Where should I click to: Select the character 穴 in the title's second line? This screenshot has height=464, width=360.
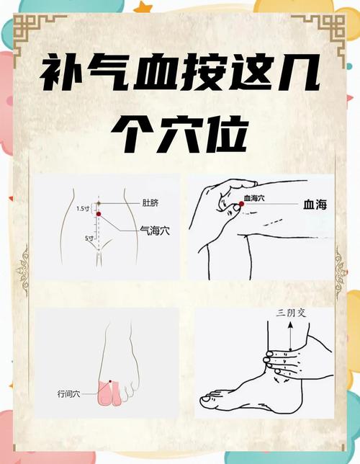click(180, 132)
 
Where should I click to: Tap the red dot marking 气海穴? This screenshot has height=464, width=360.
click(99, 214)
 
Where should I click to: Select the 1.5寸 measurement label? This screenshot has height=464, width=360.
click(84, 209)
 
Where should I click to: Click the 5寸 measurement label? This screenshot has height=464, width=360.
click(88, 238)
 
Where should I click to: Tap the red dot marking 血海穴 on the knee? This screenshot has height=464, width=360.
click(242, 204)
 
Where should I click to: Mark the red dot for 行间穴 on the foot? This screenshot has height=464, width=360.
click(109, 381)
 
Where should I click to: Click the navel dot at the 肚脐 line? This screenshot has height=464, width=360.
click(99, 202)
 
